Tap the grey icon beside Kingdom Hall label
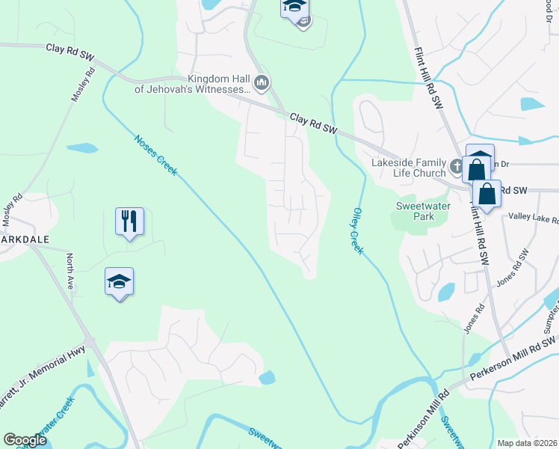261,84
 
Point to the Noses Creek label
156,155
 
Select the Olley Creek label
357,231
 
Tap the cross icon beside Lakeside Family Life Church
455,165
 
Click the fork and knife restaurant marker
129,221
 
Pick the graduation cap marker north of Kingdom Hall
294,7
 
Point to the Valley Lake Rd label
527,219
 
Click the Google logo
25,440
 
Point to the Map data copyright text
526,443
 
